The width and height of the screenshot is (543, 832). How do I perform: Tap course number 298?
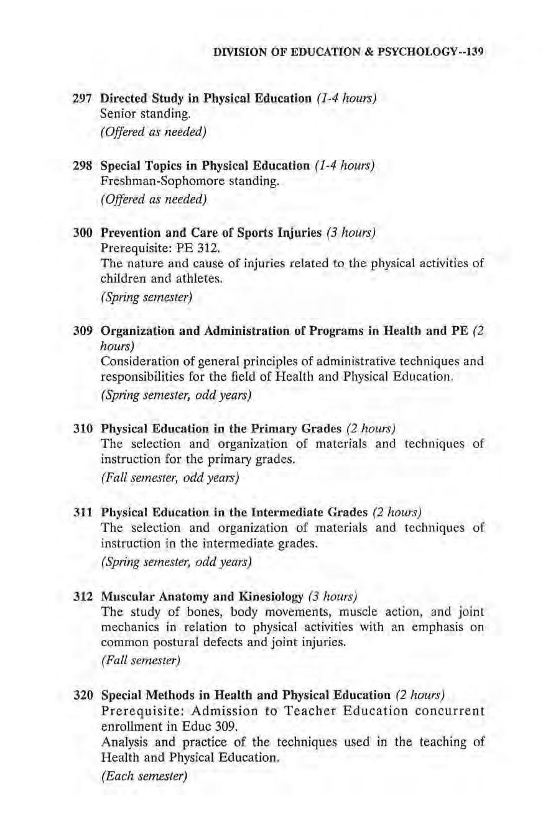tap(83, 166)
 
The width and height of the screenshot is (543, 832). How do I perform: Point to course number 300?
tap(83, 234)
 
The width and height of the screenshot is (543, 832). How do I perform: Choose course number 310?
tap(83, 429)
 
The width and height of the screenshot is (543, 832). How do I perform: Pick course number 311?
tap(83, 513)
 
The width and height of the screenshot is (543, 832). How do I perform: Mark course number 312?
tap(83, 598)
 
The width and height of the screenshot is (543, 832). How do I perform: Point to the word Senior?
tap(119, 115)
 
